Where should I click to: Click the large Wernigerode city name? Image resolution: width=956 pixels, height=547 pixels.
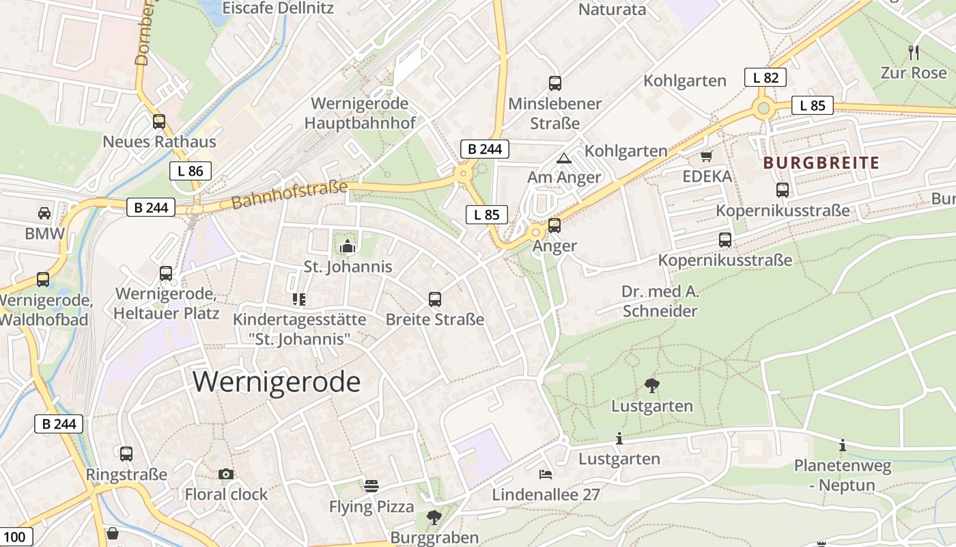pyautogui.click(x=277, y=382)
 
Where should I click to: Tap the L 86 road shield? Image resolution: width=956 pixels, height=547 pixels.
pyautogui.click(x=191, y=171)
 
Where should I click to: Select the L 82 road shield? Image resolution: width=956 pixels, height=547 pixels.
pyautogui.click(x=765, y=77)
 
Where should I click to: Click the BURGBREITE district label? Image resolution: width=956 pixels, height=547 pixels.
pyautogui.click(x=821, y=163)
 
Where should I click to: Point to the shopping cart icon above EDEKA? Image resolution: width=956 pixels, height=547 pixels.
pyautogui.click(x=707, y=157)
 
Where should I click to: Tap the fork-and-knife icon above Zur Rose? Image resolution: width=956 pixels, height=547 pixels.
pyautogui.click(x=914, y=51)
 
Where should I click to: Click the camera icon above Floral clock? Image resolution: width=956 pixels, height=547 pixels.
pyautogui.click(x=226, y=474)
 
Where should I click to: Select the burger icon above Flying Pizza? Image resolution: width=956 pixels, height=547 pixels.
pyautogui.click(x=371, y=486)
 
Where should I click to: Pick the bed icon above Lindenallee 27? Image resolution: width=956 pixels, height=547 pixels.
pyautogui.click(x=545, y=474)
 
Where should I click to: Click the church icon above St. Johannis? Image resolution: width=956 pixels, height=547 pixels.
pyautogui.click(x=348, y=246)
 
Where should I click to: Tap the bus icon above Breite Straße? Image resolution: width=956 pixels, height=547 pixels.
pyautogui.click(x=435, y=299)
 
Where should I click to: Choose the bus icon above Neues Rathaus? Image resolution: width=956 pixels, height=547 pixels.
pyautogui.click(x=159, y=122)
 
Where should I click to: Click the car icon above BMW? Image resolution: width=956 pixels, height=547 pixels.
pyautogui.click(x=44, y=213)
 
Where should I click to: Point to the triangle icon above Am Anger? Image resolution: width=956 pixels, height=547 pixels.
pyautogui.click(x=564, y=158)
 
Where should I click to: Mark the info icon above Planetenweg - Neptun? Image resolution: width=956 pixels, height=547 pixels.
pyautogui.click(x=843, y=446)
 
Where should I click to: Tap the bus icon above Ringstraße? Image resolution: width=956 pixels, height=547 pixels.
pyautogui.click(x=126, y=454)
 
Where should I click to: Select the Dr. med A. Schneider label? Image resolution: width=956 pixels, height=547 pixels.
pyautogui.click(x=660, y=302)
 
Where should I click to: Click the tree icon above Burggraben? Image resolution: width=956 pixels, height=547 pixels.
pyautogui.click(x=434, y=517)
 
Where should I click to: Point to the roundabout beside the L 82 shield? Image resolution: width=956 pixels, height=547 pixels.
pyautogui.click(x=763, y=107)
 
